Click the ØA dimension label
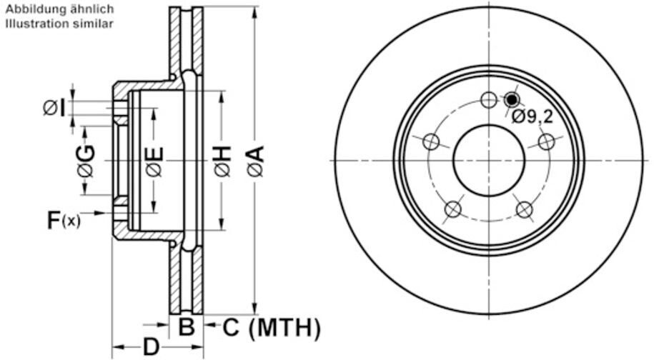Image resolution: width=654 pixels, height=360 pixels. pyautogui.click(x=256, y=161)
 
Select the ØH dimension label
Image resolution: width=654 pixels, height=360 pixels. pyautogui.click(x=223, y=161)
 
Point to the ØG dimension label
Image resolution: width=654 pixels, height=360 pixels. pyautogui.click(x=86, y=161)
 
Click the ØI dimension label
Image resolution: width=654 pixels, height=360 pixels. pyautogui.click(x=54, y=109)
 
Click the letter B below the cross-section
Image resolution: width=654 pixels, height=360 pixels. pyautogui.click(x=187, y=326)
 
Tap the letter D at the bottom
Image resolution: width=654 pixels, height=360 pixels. pyautogui.click(x=151, y=346)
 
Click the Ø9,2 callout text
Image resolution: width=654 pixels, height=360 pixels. pyautogui.click(x=532, y=117)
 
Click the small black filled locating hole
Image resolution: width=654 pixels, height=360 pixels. pyautogui.click(x=511, y=99)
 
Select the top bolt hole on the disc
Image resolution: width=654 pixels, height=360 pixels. pyautogui.click(x=488, y=100)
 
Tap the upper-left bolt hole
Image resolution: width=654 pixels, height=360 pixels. pyautogui.click(x=431, y=141)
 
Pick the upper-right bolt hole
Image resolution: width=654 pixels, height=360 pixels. pyautogui.click(x=546, y=141)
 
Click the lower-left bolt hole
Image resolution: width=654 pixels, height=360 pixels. pyautogui.click(x=453, y=209)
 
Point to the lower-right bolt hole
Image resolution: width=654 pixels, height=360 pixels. pyautogui.click(x=525, y=209)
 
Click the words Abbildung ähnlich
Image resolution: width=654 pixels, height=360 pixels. pyautogui.click(x=59, y=9)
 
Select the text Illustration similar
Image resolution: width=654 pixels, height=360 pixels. pyautogui.click(x=59, y=24)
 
